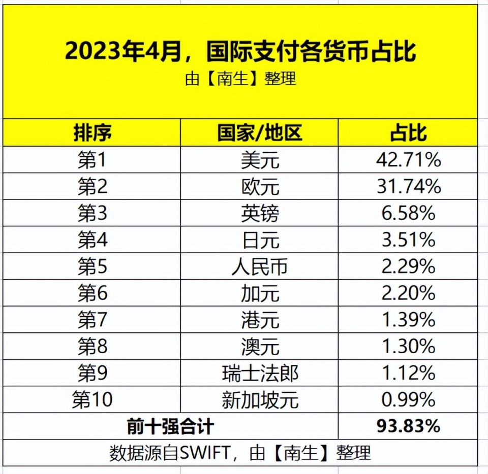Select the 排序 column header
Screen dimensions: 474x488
click(x=93, y=133)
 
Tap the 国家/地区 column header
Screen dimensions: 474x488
click(x=260, y=133)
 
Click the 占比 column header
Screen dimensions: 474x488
click(x=408, y=133)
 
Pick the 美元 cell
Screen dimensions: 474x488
click(x=260, y=161)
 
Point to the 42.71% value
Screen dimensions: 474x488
click(x=408, y=161)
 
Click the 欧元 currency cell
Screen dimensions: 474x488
click(x=260, y=187)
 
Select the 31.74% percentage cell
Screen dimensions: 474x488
click(x=408, y=187)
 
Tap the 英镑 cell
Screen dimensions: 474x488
click(x=260, y=214)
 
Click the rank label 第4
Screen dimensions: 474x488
click(x=93, y=240)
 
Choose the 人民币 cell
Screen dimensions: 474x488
click(x=260, y=266)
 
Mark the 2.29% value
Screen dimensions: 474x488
click(x=408, y=266)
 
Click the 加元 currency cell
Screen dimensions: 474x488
click(x=260, y=293)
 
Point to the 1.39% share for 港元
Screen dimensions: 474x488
click(x=408, y=320)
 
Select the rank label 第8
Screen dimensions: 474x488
click(x=93, y=347)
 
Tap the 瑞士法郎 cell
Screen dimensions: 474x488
click(x=260, y=374)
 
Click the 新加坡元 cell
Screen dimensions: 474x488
click(x=260, y=400)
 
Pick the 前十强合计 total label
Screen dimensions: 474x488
click(x=170, y=426)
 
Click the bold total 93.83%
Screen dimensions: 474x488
click(x=408, y=426)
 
